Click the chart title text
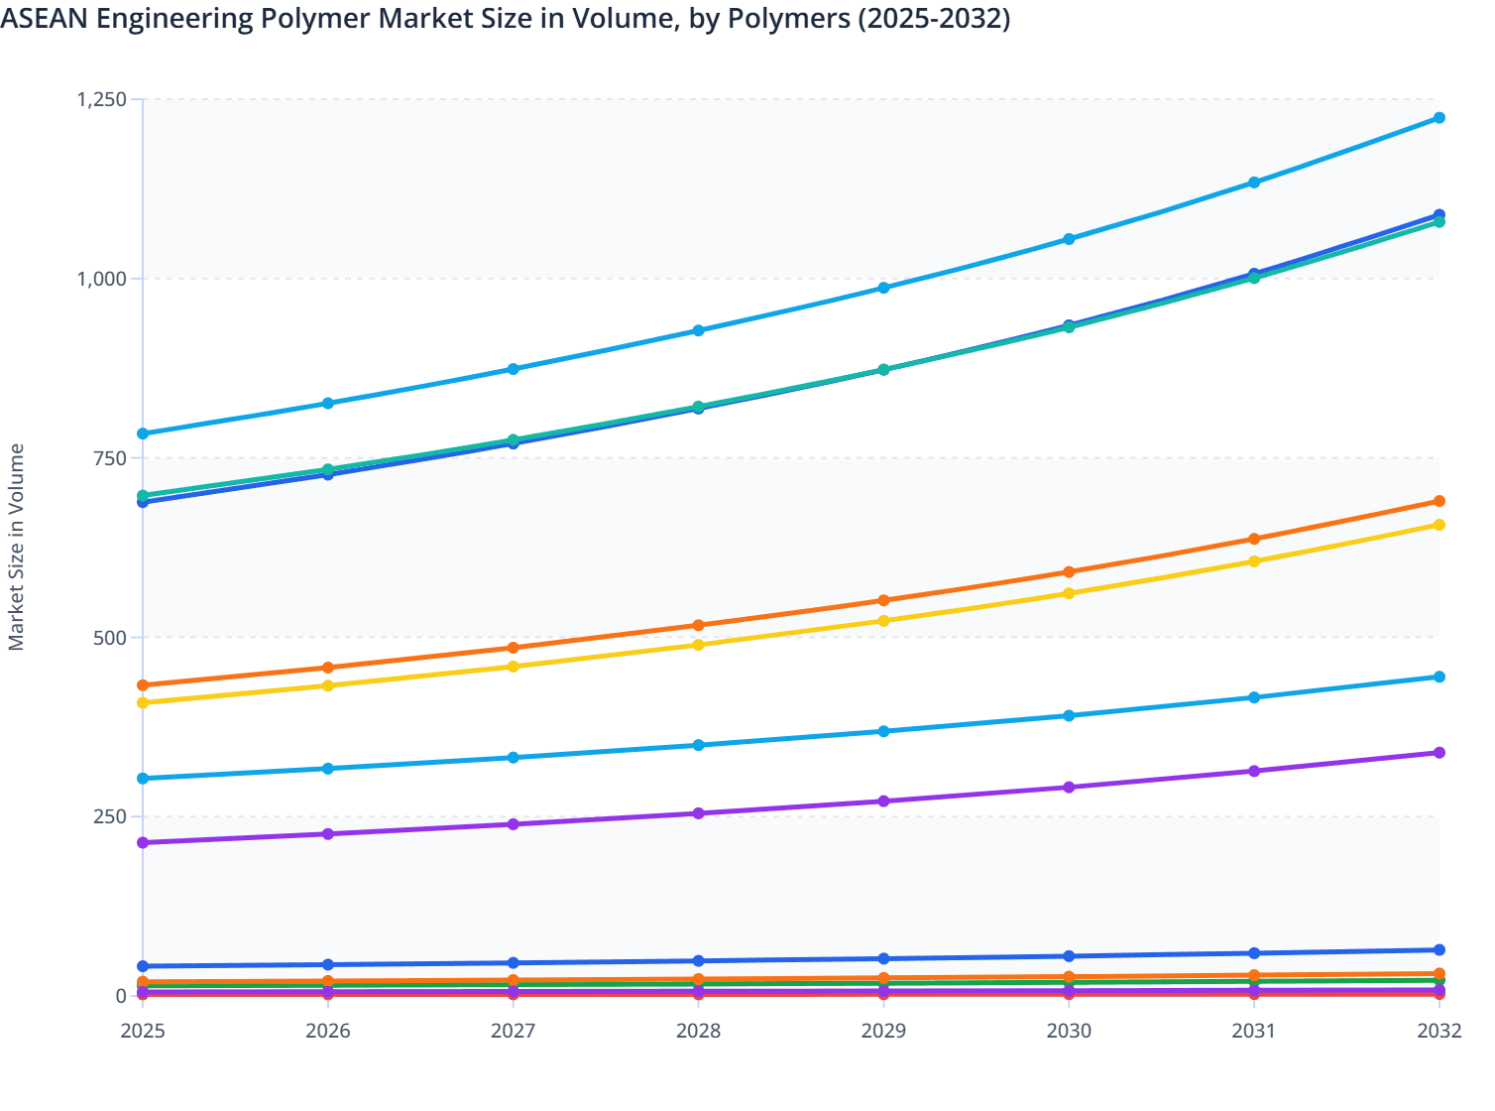click(506, 19)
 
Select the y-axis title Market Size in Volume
click(17, 547)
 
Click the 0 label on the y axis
click(120, 996)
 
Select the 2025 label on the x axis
click(143, 1031)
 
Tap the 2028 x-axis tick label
click(698, 1031)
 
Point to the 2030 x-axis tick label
click(1069, 1031)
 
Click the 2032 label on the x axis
click(1439, 1031)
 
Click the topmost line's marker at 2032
click(1439, 118)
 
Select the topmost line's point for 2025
click(143, 433)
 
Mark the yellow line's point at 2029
click(883, 621)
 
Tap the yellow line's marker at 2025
click(143, 702)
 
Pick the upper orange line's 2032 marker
click(1439, 501)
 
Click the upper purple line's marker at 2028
click(698, 813)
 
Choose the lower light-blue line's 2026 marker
click(328, 769)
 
